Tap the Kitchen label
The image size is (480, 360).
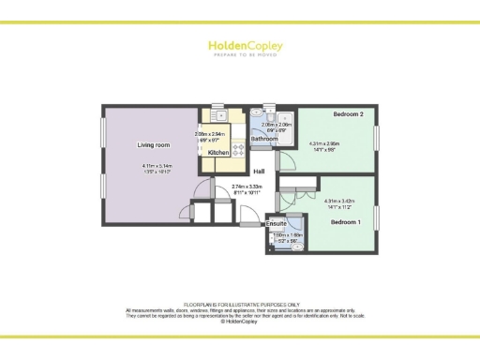coord(218,151)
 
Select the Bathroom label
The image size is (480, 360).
coord(263,139)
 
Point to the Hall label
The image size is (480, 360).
coord(259,171)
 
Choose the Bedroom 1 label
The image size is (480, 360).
coord(345,221)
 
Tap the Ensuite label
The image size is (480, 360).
coord(275,224)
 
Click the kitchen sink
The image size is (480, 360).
coord(228,116)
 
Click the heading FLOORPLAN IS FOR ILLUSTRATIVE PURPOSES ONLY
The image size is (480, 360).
coord(240,305)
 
